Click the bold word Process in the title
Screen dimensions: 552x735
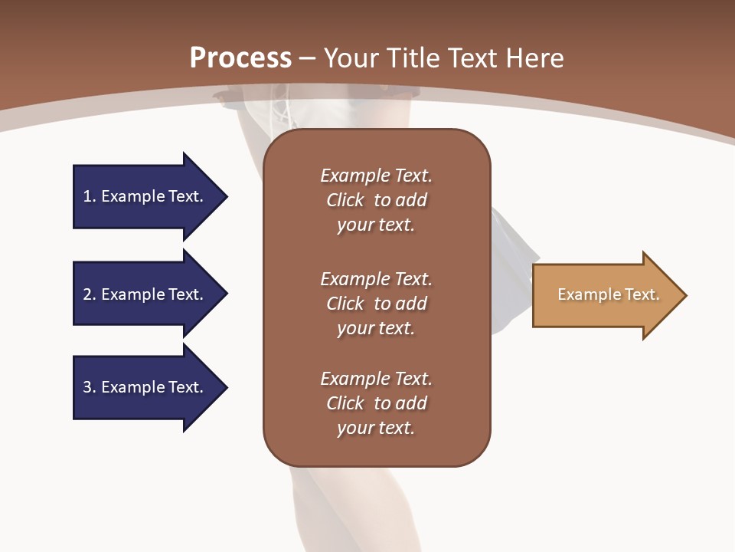pos(240,58)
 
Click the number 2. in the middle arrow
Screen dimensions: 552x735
pos(90,294)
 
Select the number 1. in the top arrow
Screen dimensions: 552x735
pos(90,196)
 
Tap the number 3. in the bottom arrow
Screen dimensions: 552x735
pos(90,387)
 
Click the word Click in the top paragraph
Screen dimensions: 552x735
pos(345,200)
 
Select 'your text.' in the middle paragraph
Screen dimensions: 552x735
pos(375,328)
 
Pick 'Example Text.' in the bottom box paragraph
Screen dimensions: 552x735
pos(376,379)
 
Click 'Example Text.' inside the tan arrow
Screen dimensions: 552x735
pos(609,294)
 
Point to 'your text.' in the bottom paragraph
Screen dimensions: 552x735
pos(375,428)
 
